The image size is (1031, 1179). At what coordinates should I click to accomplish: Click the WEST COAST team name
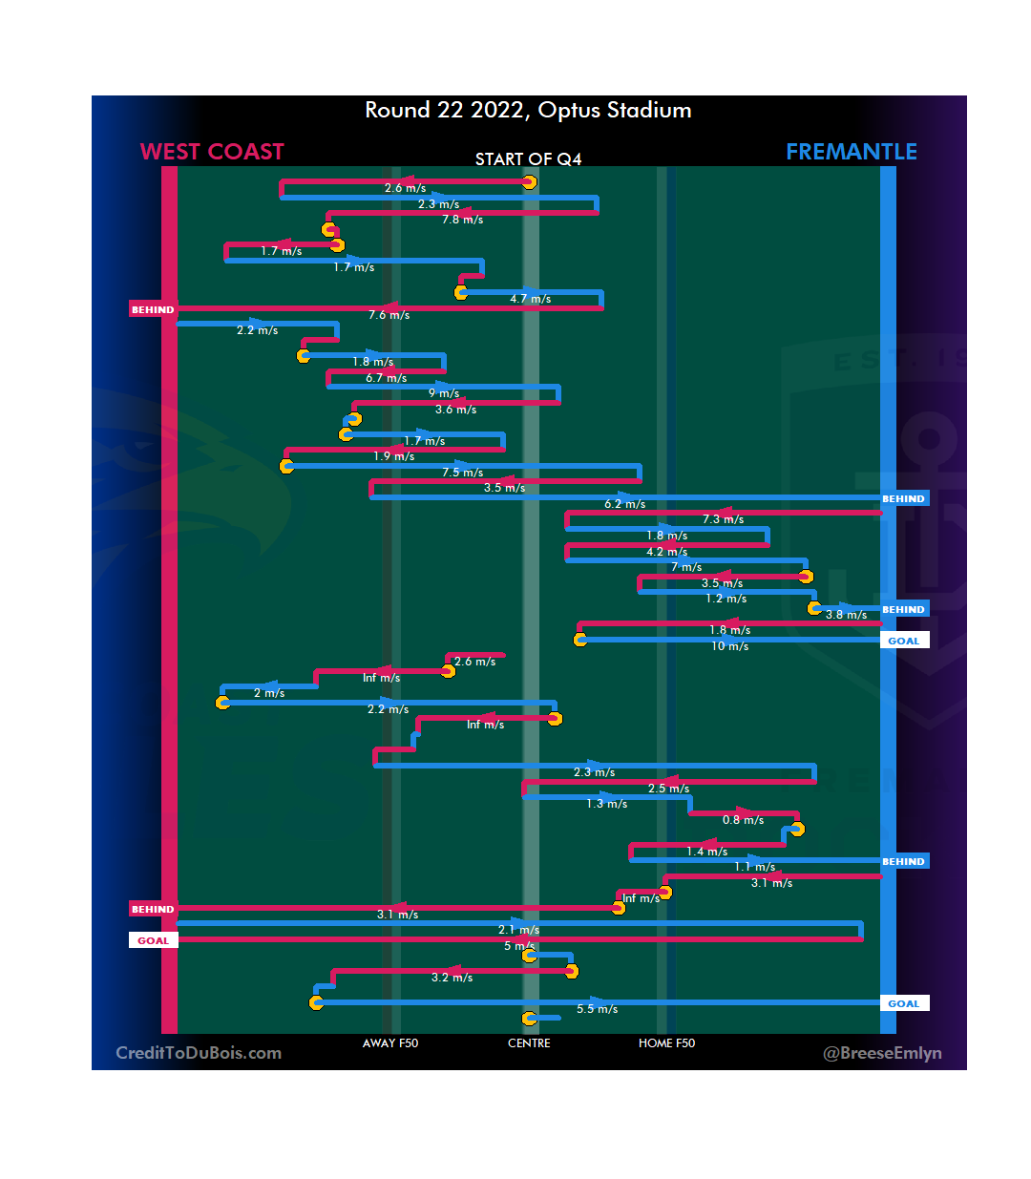tap(212, 152)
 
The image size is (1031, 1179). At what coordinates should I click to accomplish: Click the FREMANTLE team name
tap(851, 152)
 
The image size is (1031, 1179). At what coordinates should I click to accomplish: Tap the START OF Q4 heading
tap(528, 159)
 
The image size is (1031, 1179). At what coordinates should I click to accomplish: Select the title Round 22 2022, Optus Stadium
tap(528, 111)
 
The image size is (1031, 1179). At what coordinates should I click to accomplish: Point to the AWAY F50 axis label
tap(390, 1043)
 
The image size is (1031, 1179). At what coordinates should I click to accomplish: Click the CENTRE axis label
tap(529, 1043)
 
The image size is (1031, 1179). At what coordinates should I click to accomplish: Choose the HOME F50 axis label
tap(666, 1043)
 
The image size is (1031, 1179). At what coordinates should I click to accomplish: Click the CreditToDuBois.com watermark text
tap(199, 1053)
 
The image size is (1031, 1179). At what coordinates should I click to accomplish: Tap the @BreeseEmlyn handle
tap(882, 1053)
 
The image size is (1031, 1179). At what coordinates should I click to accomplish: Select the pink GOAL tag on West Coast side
tap(153, 940)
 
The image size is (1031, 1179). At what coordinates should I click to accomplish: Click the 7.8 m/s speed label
tap(462, 220)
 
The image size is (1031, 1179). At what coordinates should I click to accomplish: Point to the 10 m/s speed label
tap(729, 646)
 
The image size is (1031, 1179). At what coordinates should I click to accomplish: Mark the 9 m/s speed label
tap(444, 393)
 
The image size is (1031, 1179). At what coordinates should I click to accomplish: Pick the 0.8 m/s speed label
tap(743, 820)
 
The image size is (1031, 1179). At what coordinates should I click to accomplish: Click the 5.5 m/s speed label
tap(597, 1009)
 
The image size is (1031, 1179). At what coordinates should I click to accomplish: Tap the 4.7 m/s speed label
tap(530, 299)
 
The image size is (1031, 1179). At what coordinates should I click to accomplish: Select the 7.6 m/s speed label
tap(389, 315)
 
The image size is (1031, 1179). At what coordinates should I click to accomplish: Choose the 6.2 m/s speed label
tap(624, 504)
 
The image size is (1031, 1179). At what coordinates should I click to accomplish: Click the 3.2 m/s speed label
tap(452, 978)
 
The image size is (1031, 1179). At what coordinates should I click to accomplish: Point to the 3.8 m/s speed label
tap(846, 615)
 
